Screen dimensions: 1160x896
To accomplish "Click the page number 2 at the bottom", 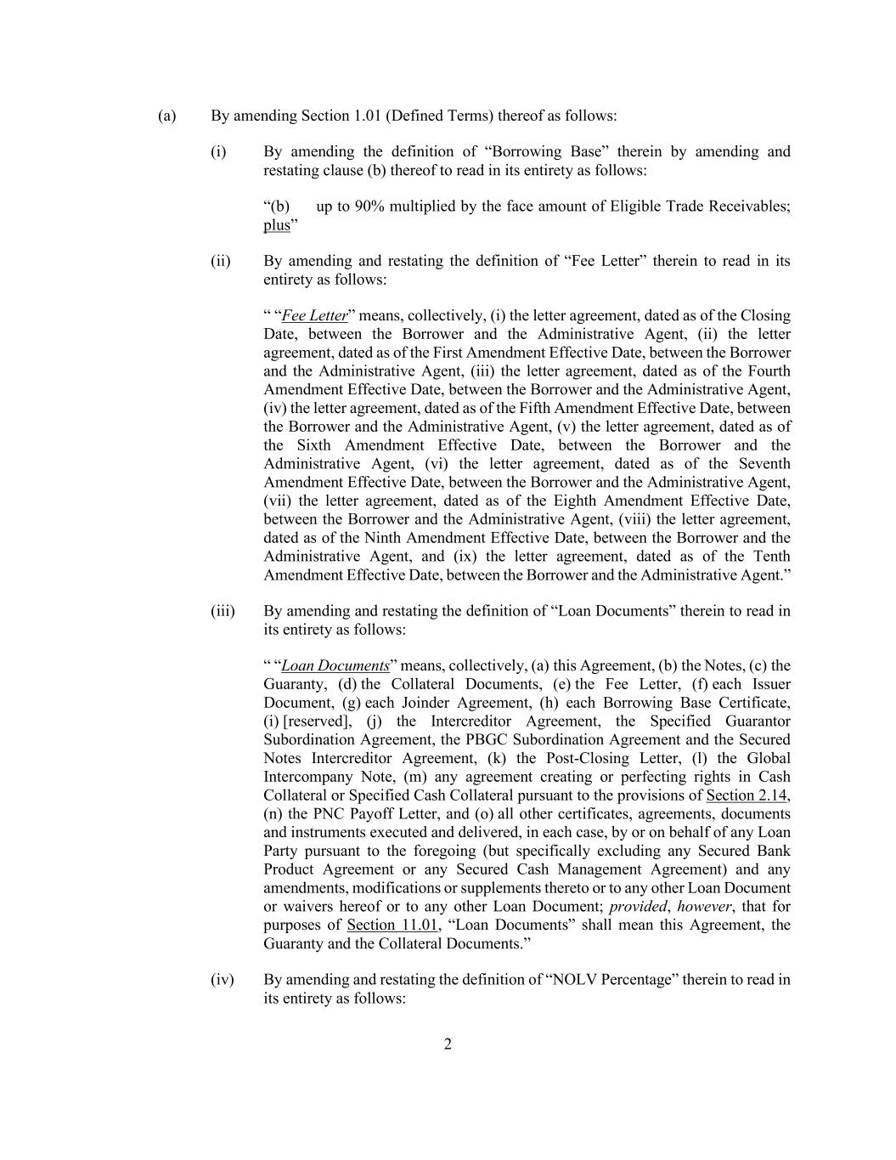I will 448,1044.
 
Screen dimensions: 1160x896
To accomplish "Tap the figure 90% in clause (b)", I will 367,207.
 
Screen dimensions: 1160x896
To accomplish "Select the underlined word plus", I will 276,225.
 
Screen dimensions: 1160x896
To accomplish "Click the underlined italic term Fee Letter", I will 314,316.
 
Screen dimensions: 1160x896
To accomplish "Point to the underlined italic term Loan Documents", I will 335,666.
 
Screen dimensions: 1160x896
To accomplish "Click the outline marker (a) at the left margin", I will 167,116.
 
